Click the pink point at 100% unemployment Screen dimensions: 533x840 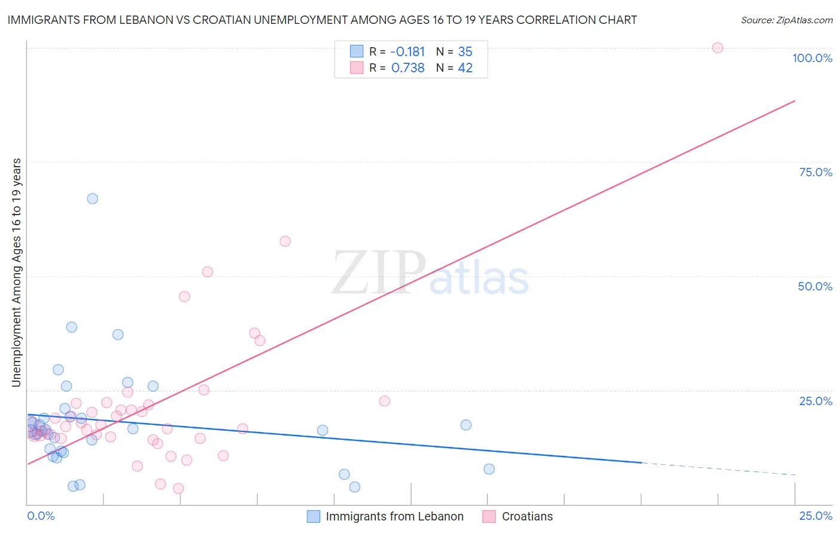[718, 48]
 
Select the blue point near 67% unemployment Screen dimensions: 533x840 [93, 198]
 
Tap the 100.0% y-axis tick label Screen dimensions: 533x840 [812, 58]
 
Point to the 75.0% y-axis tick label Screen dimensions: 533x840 [816, 172]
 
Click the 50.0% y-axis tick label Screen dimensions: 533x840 [815, 286]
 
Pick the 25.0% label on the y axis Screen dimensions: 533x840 [816, 401]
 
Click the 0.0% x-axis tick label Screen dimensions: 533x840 [41, 516]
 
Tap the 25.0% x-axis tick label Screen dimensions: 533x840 [816, 516]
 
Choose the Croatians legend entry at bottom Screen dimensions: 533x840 [527, 516]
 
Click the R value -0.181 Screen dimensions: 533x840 [407, 52]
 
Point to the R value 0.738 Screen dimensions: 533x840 [408, 68]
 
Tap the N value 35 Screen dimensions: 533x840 [465, 52]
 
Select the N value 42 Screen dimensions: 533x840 [465, 68]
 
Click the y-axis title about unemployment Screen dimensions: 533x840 [16, 272]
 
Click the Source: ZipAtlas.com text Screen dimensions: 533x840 [786, 20]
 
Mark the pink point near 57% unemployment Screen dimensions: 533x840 [285, 241]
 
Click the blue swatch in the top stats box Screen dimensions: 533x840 [357, 51]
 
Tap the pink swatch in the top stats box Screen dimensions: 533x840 [357, 68]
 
